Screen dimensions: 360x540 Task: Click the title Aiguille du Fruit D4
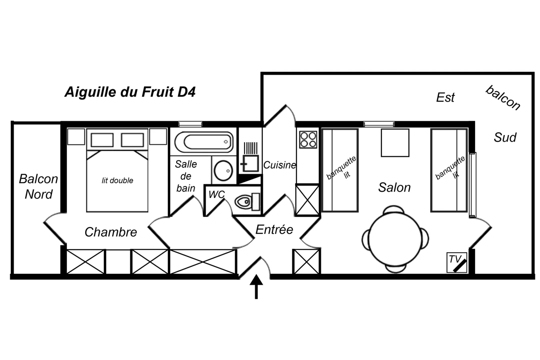[130, 92]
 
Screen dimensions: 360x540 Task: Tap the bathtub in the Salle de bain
[204, 142]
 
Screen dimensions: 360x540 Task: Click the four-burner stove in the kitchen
[308, 140]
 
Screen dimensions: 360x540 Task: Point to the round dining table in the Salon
[395, 239]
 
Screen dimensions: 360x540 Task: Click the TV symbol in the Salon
[457, 262]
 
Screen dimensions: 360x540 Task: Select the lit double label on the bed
[117, 181]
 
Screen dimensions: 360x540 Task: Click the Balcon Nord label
[38, 187]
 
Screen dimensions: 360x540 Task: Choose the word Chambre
[111, 232]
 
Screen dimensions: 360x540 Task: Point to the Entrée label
[274, 230]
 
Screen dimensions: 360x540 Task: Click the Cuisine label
[280, 165]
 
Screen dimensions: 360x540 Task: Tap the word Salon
[394, 188]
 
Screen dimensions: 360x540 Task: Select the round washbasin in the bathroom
[223, 170]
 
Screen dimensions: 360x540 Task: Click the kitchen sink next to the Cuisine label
[250, 163]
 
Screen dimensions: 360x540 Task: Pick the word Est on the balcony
[445, 98]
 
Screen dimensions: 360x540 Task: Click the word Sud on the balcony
[505, 137]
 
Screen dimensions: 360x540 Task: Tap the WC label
[217, 194]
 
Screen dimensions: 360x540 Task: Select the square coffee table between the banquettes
[395, 143]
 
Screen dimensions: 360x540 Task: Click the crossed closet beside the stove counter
[307, 200]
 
